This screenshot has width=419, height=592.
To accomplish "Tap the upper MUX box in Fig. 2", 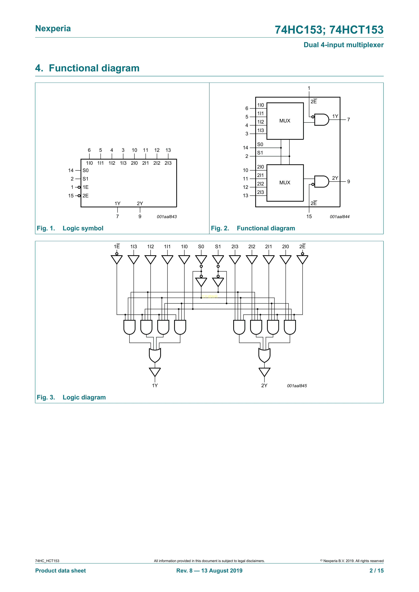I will (285, 121).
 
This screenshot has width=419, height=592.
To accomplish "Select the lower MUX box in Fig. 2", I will (285, 183).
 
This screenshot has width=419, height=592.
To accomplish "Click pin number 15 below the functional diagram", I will (309, 217).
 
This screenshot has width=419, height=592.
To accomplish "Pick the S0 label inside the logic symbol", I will (85, 170).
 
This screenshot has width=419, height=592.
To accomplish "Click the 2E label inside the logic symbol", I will (85, 196).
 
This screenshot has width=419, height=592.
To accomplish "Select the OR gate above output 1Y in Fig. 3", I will (155, 355).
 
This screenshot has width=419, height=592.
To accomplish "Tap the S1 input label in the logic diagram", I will (218, 247).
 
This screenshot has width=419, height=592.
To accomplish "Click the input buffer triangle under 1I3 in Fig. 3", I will (134, 259).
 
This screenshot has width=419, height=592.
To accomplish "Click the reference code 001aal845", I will (297, 386).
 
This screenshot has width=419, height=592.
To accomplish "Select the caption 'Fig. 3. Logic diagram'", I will (71, 397).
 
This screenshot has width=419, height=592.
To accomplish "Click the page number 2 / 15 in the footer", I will (376, 571).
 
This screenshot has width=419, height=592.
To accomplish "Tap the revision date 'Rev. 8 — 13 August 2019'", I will (209, 571).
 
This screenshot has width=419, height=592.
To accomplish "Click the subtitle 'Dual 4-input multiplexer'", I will (343, 45).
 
